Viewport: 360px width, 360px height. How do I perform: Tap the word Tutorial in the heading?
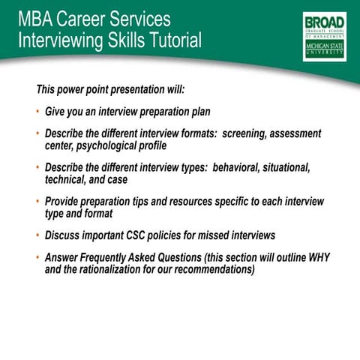pyautogui.click(x=173, y=40)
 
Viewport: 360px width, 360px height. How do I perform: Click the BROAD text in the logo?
pyautogui.click(x=324, y=21)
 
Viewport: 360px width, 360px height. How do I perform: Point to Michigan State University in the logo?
pyautogui.click(x=324, y=49)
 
